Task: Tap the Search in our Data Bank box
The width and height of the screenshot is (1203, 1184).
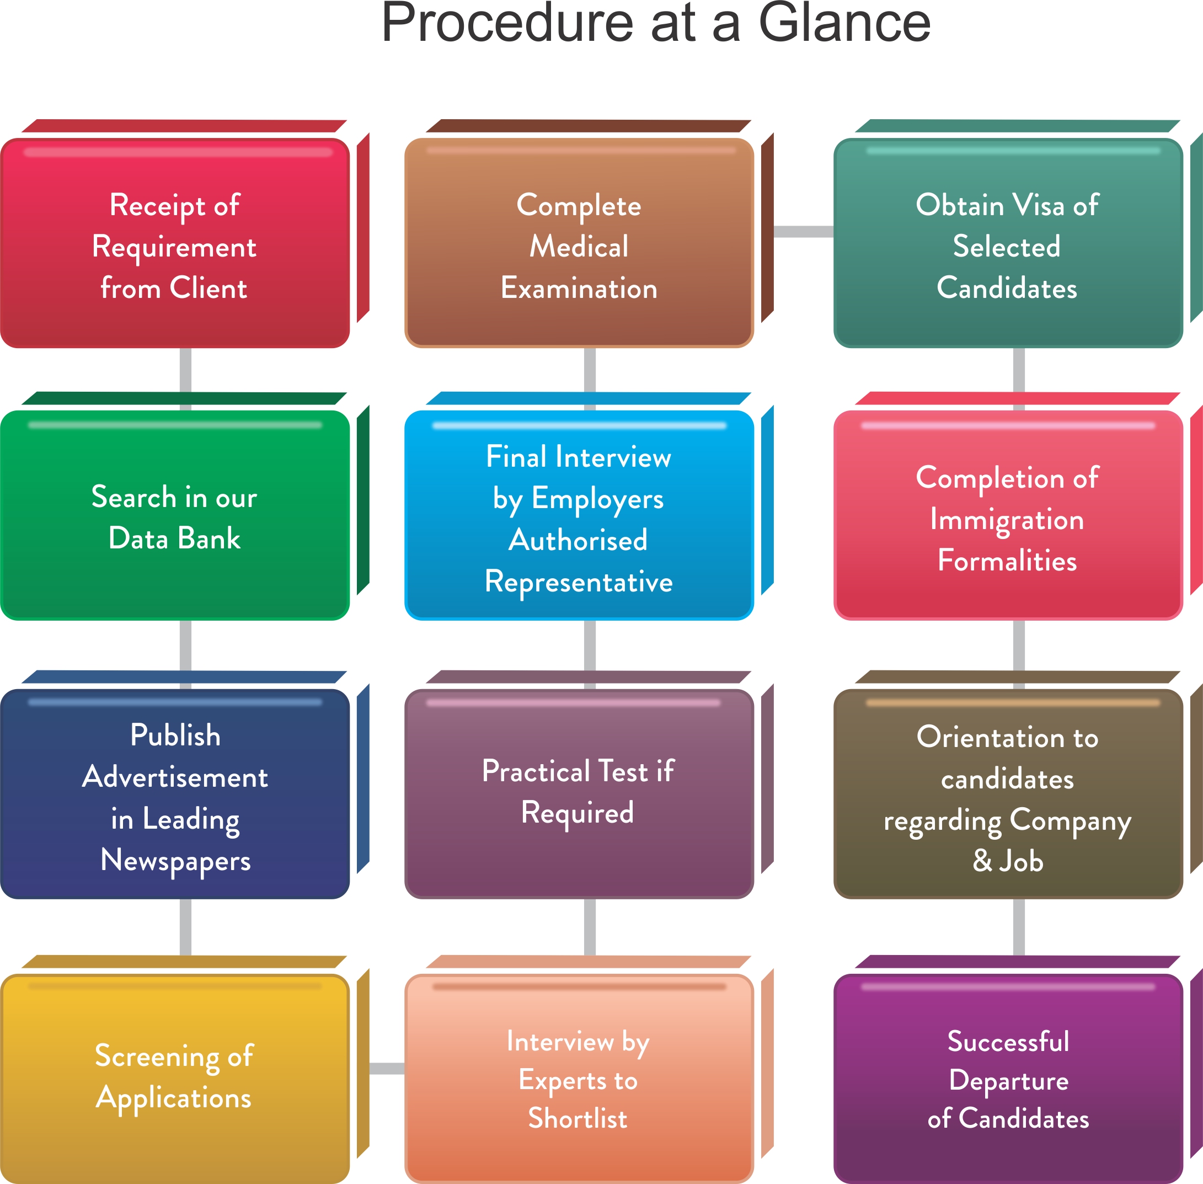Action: pyautogui.click(x=175, y=515)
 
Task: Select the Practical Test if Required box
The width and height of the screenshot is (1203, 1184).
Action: pyautogui.click(x=578, y=793)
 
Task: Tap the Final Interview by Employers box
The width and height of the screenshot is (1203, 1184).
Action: pyautogui.click(x=578, y=515)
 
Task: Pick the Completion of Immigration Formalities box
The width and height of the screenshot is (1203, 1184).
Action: pyautogui.click(x=1007, y=515)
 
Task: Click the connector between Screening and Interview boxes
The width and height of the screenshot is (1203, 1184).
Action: pyautogui.click(x=387, y=1068)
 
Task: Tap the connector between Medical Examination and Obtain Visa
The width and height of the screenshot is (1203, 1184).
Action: pyautogui.click(x=803, y=231)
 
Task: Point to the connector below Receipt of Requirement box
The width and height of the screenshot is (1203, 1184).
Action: pyautogui.click(x=185, y=370)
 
